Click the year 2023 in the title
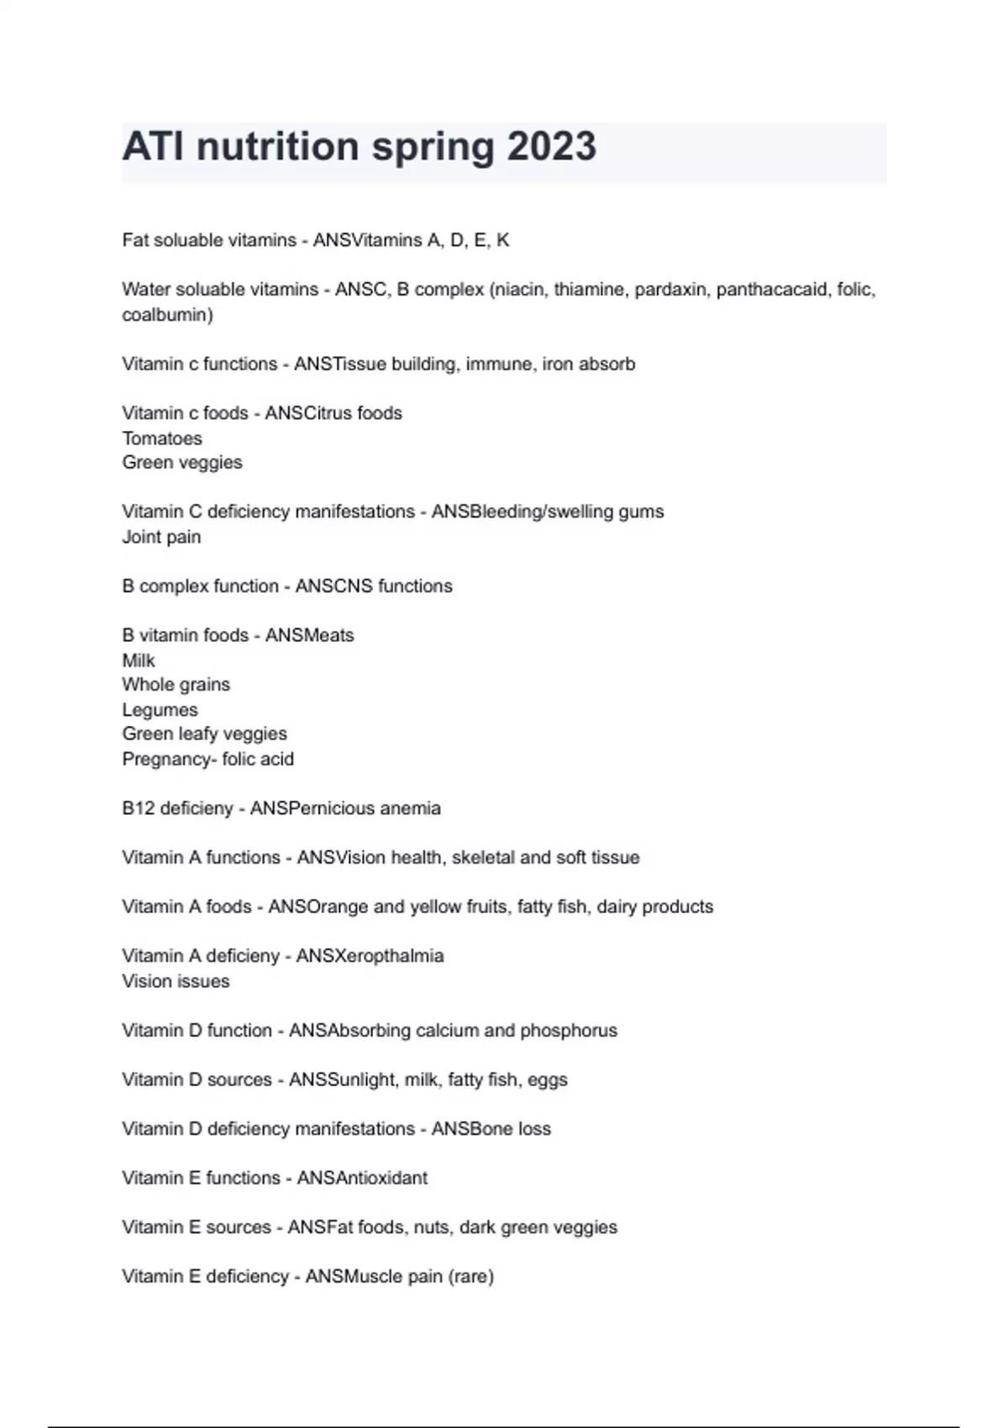click(551, 147)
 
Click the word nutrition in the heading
click(277, 147)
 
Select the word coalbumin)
click(167, 315)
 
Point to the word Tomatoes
click(162, 438)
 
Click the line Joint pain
click(161, 537)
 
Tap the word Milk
click(139, 660)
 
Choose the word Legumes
click(160, 710)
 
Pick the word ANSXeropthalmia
click(370, 956)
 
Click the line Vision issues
click(176, 981)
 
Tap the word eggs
click(548, 1079)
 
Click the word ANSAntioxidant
click(362, 1178)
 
